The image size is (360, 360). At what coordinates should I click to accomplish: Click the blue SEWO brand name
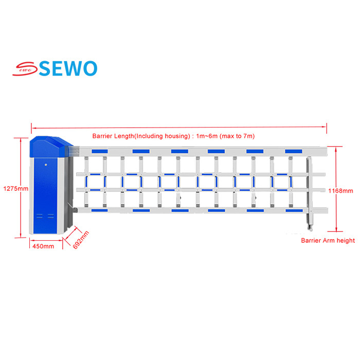tap(68, 68)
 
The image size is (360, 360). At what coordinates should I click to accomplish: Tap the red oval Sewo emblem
tap(25, 68)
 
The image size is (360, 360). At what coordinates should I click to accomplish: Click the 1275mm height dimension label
tap(16, 189)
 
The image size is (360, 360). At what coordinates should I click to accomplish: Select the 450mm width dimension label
tap(43, 246)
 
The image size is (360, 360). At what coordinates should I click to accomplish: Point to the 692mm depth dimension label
tap(81, 240)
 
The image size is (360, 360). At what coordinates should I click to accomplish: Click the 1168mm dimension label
tap(340, 191)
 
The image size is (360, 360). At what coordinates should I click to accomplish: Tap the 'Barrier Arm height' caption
tap(328, 241)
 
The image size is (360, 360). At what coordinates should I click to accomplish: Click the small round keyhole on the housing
tap(46, 165)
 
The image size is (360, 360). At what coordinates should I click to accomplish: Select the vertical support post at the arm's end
tap(310, 193)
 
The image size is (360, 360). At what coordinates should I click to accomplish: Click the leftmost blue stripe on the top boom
tap(100, 151)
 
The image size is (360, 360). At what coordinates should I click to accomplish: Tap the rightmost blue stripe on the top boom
tap(294, 151)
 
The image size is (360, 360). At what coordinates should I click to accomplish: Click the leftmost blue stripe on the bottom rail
tap(99, 210)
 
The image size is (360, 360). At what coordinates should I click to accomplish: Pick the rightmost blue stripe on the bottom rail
tap(294, 210)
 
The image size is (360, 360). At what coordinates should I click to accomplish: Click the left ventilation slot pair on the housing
tap(40, 216)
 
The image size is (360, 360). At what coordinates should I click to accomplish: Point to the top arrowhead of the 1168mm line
tap(336, 149)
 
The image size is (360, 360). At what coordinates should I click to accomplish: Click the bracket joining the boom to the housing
tap(74, 151)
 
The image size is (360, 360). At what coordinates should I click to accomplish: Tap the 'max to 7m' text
tap(237, 136)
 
